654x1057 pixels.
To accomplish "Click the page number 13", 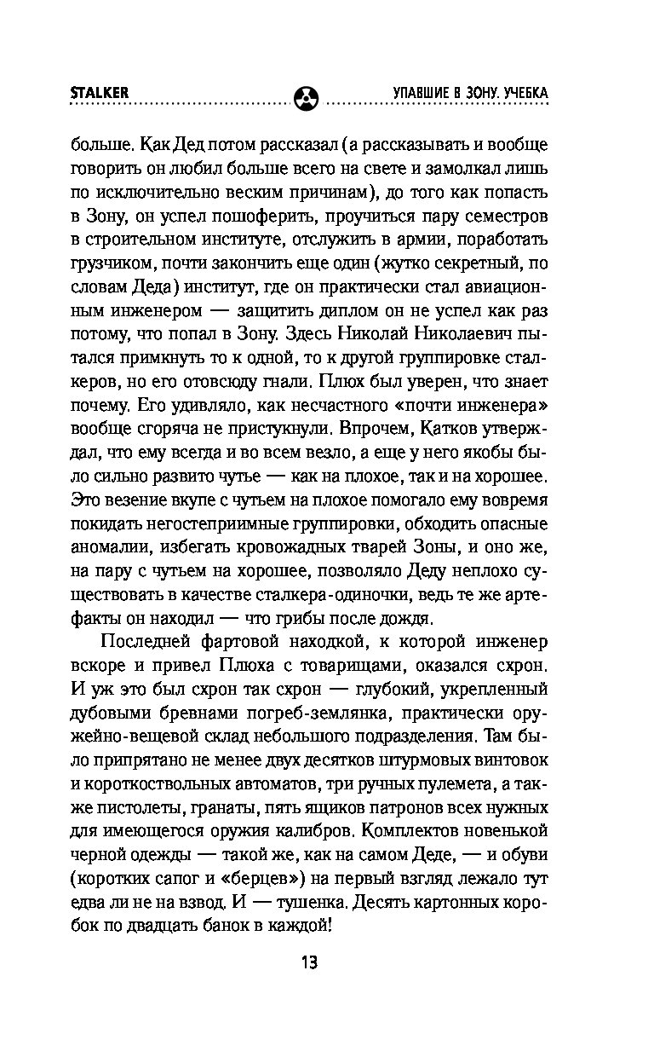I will click(308, 963).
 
